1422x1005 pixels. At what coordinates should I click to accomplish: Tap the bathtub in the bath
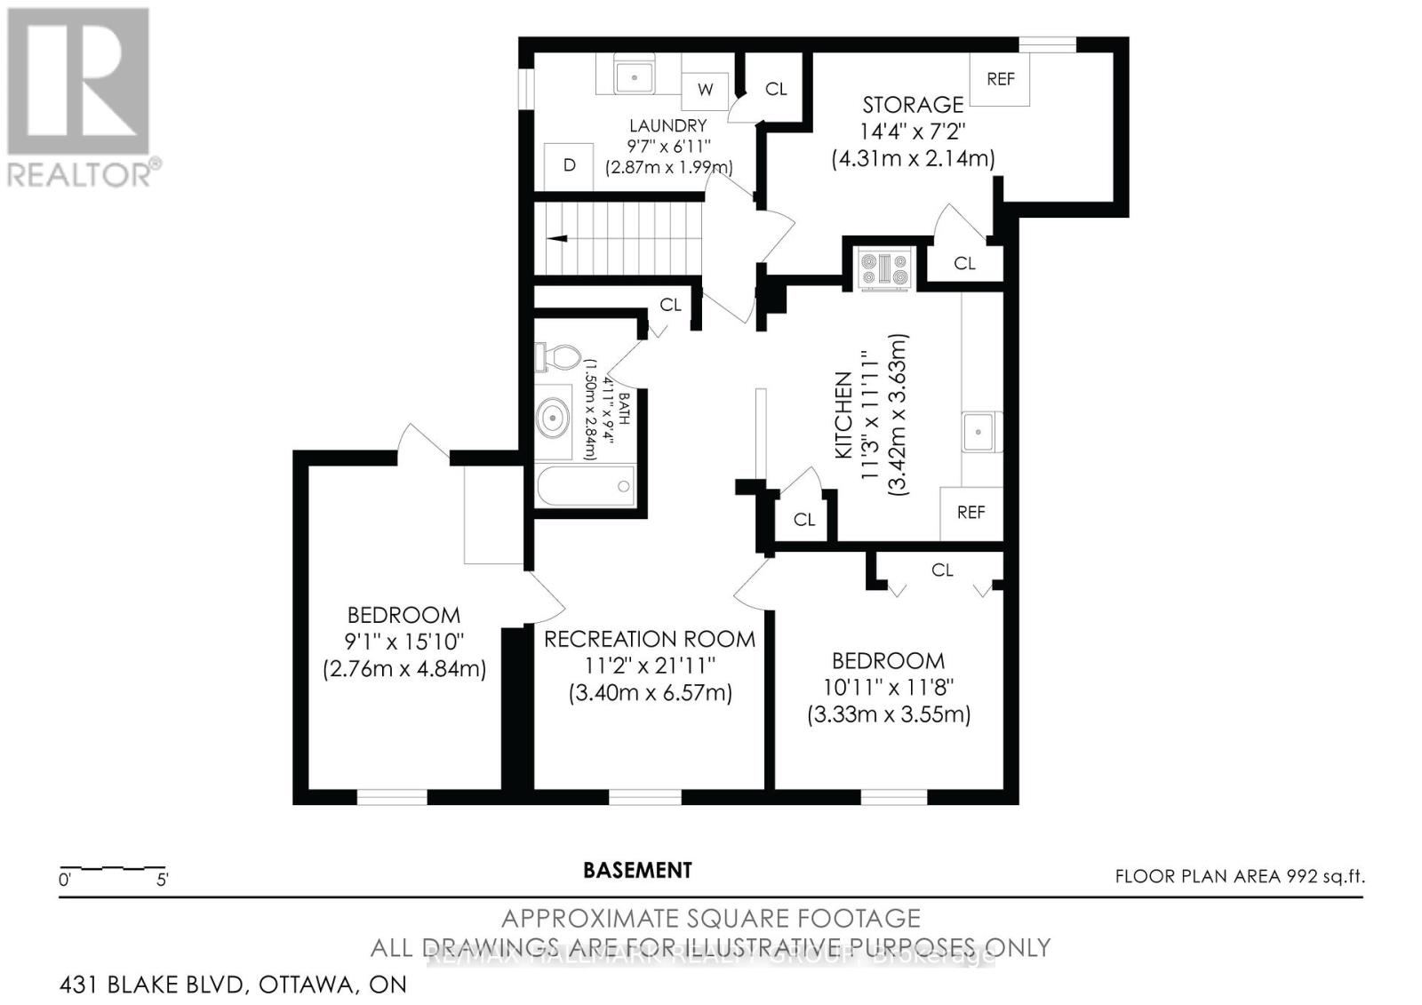click(585, 486)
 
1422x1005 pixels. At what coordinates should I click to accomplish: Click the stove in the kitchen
click(883, 268)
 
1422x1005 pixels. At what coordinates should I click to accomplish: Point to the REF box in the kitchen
click(971, 513)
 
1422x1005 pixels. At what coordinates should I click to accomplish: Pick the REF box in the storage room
click(1000, 79)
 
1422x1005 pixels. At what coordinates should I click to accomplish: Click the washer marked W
click(705, 89)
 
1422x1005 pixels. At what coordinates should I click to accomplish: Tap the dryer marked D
click(569, 165)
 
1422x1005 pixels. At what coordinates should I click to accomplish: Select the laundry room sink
click(635, 76)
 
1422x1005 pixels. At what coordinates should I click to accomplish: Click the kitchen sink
click(979, 432)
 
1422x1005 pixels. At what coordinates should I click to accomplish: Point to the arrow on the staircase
click(558, 238)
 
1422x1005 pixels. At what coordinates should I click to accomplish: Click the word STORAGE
click(913, 105)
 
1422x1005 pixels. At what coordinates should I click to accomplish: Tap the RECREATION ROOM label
click(650, 639)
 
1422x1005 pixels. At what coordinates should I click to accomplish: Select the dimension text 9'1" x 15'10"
click(404, 641)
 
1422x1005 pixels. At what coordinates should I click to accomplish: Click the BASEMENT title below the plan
click(637, 871)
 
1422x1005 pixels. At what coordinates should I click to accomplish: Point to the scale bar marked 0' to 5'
click(113, 868)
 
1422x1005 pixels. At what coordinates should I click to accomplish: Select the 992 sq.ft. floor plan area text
click(1240, 876)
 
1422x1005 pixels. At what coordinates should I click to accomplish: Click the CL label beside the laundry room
click(776, 89)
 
